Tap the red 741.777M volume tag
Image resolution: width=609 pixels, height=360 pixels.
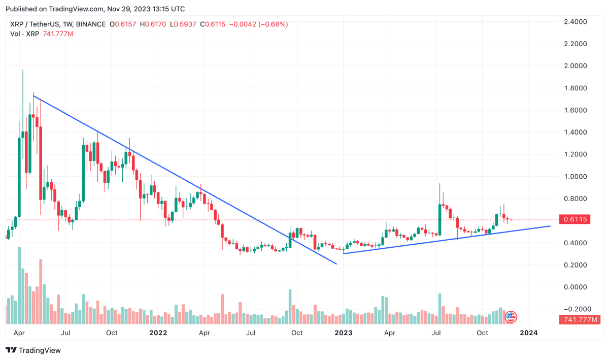(x=580, y=319)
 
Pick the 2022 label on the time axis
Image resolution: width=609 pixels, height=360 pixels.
(x=158, y=333)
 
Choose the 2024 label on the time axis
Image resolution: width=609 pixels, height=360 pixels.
(x=529, y=333)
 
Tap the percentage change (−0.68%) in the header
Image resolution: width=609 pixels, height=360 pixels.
(x=273, y=24)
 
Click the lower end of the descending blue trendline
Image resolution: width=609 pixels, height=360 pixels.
(x=336, y=264)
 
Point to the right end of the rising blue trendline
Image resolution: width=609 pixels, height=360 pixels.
(x=550, y=226)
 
